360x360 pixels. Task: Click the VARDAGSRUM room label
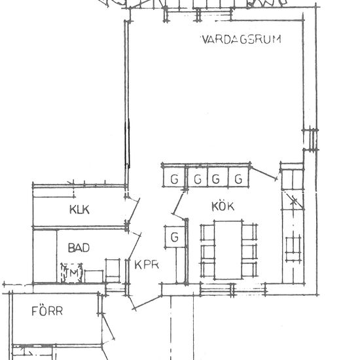(242, 39)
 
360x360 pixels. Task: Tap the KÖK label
(223, 206)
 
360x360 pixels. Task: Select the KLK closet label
(79, 209)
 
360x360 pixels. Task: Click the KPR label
(147, 264)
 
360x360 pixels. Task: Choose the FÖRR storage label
(47, 311)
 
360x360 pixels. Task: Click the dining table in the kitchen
(228, 250)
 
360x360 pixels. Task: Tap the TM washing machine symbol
(71, 273)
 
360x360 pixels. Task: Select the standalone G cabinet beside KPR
(175, 237)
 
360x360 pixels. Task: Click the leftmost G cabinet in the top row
(174, 177)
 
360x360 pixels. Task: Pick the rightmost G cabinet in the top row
(238, 177)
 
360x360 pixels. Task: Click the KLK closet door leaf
(134, 209)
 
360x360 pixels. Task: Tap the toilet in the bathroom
(113, 270)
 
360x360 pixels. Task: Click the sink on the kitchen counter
(293, 248)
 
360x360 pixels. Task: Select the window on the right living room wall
(311, 139)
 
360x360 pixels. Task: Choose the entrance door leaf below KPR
(147, 303)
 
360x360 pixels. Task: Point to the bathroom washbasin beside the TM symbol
(94, 276)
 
